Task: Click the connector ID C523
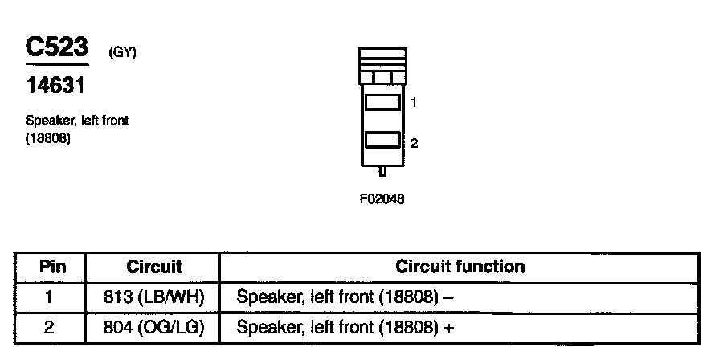tap(57, 47)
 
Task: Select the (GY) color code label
tap(123, 54)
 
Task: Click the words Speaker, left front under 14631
tap(77, 121)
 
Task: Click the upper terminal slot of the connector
tap(382, 103)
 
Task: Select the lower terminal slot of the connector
tap(382, 141)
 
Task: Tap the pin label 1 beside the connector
tap(413, 103)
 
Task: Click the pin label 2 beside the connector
tap(413, 143)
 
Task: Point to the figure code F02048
tap(382, 198)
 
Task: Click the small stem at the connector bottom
tap(382, 170)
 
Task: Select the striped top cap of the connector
tap(382, 58)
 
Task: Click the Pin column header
tap(52, 266)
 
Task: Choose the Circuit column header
tap(154, 266)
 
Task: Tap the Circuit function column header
tap(460, 266)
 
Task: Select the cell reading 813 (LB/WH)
tap(154, 297)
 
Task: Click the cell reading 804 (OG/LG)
tap(154, 328)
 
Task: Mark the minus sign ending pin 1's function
tap(449, 297)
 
